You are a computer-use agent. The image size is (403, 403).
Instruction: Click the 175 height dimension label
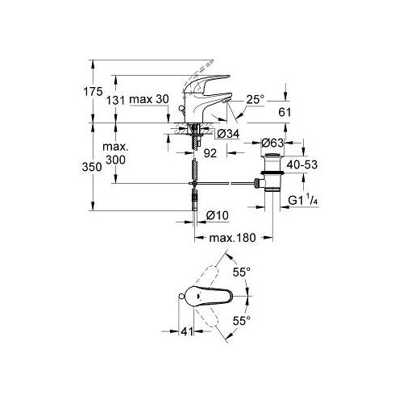click(x=93, y=92)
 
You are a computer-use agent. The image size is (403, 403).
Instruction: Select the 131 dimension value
click(x=116, y=101)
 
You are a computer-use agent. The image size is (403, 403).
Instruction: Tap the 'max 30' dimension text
click(x=149, y=99)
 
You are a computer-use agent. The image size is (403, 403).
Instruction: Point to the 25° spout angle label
click(x=256, y=100)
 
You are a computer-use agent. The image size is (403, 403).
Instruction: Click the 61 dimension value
click(x=285, y=112)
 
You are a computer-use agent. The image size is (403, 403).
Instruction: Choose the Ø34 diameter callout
click(x=228, y=134)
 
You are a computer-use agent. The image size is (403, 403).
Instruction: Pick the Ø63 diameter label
click(x=272, y=143)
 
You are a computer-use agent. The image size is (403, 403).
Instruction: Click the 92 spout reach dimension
click(x=210, y=153)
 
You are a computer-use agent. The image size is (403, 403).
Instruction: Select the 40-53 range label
click(x=302, y=164)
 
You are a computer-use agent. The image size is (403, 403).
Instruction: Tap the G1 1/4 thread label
click(x=303, y=201)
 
